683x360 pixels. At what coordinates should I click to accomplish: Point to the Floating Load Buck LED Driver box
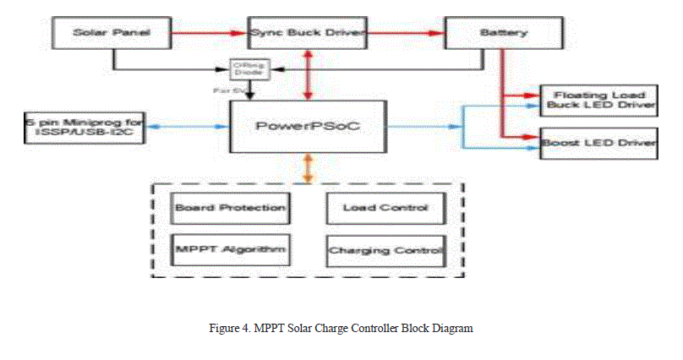[598, 100]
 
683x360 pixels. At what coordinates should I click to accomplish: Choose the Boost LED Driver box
[598, 143]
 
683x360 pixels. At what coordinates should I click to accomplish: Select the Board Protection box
[229, 207]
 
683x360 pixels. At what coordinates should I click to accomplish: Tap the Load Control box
[385, 207]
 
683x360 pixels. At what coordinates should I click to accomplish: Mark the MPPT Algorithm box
[229, 248]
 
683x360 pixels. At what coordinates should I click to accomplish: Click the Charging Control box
[385, 250]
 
